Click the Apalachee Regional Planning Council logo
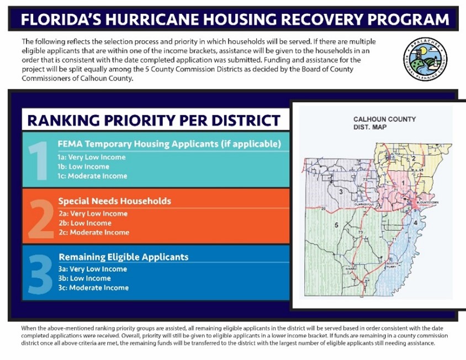[425, 57]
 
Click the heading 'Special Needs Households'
[114, 201]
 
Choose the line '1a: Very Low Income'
[91, 157]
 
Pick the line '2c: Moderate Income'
[93, 232]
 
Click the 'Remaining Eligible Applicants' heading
[123, 257]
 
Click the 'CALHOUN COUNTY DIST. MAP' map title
[384, 123]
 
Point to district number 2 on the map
[413, 158]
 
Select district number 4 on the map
[415, 223]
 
